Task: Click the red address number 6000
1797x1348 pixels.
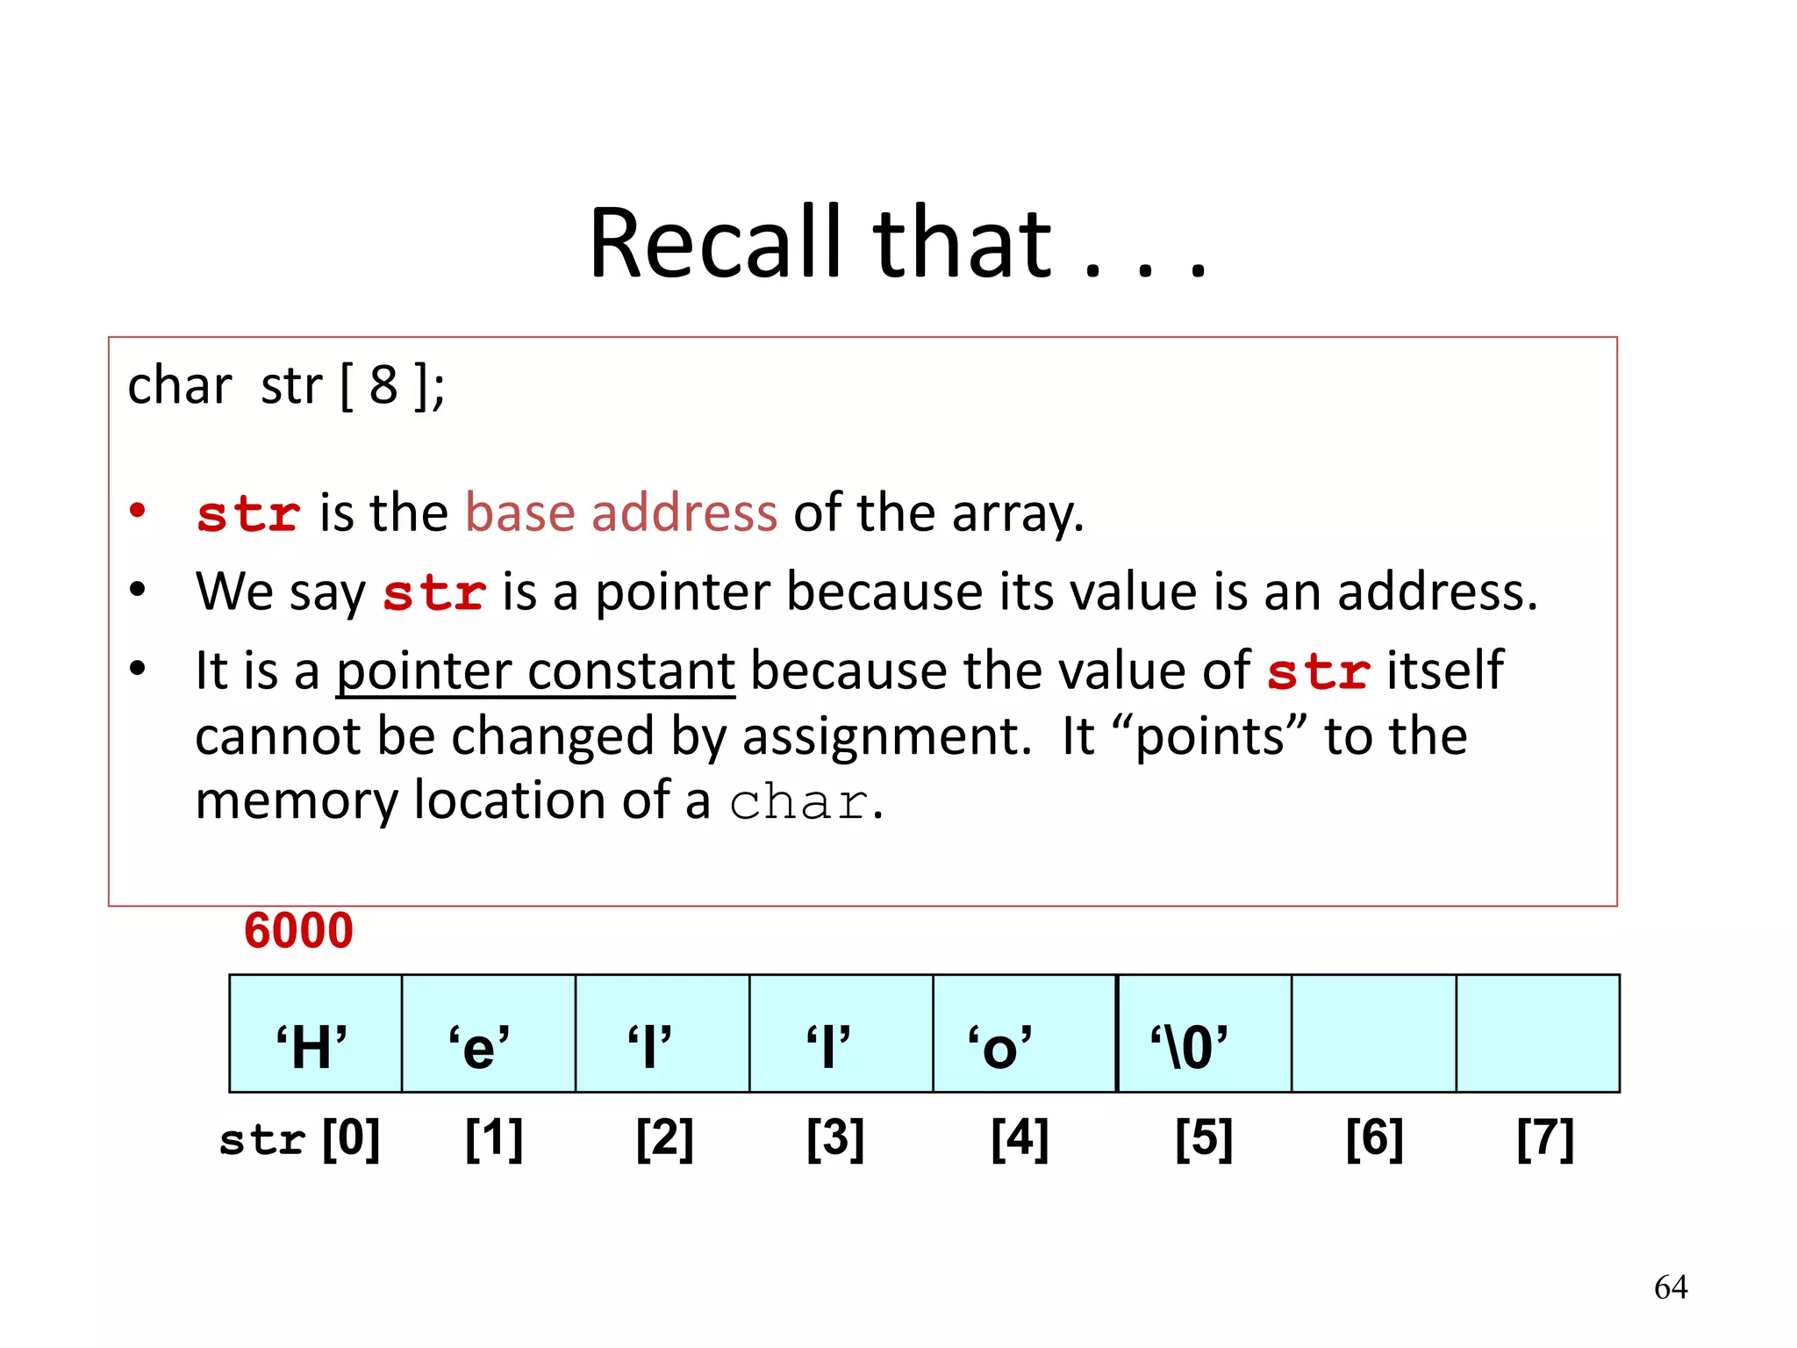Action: [298, 931]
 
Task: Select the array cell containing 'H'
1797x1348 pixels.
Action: [315, 1034]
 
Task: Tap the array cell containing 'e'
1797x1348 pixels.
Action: [488, 1034]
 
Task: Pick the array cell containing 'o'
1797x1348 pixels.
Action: [1024, 1034]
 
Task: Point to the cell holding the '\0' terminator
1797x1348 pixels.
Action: [1204, 1034]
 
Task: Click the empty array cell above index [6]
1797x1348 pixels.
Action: [1373, 1034]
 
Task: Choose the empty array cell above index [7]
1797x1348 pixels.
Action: [1537, 1034]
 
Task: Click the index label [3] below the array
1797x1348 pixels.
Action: [835, 1139]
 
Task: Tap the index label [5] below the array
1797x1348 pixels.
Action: [1204, 1139]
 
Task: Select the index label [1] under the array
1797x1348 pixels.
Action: [494, 1139]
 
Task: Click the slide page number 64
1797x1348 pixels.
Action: [1670, 1287]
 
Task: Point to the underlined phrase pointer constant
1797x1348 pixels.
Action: [535, 671]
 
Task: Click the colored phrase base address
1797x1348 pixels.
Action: [620, 513]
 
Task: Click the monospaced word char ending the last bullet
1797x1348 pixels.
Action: [798, 802]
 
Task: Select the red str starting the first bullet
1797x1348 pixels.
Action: [249, 514]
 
